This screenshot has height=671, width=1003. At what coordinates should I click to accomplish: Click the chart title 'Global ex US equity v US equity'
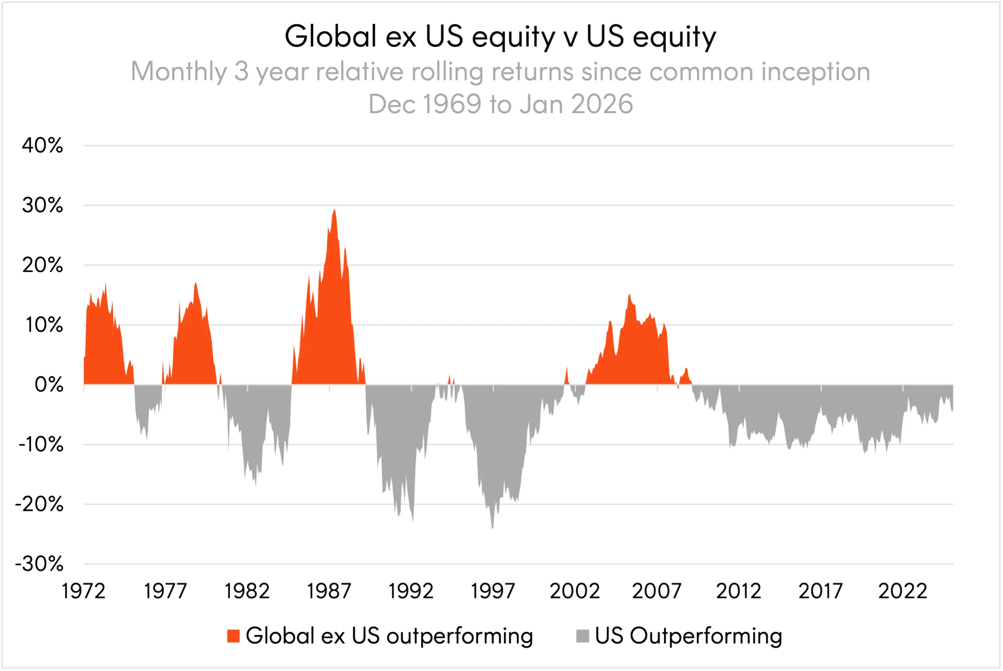pyautogui.click(x=500, y=36)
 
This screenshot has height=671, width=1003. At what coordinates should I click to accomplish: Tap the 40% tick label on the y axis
pyautogui.click(x=42, y=146)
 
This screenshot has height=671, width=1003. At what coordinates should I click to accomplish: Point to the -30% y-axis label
pyautogui.click(x=39, y=564)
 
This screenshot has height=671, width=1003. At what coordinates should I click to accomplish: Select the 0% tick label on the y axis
pyautogui.click(x=49, y=385)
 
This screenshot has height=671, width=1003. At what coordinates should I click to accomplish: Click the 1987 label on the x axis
pyautogui.click(x=329, y=592)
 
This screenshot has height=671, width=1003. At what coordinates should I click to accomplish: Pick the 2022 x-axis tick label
pyautogui.click(x=902, y=592)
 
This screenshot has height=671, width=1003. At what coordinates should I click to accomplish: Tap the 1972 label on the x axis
pyautogui.click(x=83, y=592)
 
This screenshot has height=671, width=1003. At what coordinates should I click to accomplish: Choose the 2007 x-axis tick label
pyautogui.click(x=657, y=592)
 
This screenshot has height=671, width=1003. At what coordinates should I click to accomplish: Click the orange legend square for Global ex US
pyautogui.click(x=233, y=636)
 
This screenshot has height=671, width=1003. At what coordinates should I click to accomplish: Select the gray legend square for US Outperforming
pyautogui.click(x=582, y=636)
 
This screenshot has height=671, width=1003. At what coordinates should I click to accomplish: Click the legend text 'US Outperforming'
pyautogui.click(x=688, y=636)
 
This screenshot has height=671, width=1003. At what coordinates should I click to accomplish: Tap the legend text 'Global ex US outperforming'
pyautogui.click(x=389, y=636)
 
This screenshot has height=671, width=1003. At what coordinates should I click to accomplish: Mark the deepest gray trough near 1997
pyautogui.click(x=492, y=528)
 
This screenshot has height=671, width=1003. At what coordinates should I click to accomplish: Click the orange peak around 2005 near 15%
pyautogui.click(x=629, y=295)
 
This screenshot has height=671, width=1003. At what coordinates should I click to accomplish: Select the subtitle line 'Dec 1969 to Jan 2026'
pyautogui.click(x=500, y=104)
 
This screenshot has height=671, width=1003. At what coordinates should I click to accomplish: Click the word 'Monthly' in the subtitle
pyautogui.click(x=179, y=71)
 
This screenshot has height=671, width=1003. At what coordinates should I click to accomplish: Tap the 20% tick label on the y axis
pyautogui.click(x=42, y=265)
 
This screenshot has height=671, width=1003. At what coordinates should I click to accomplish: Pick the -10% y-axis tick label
pyautogui.click(x=41, y=445)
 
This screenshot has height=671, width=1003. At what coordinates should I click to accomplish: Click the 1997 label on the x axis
pyautogui.click(x=493, y=592)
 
